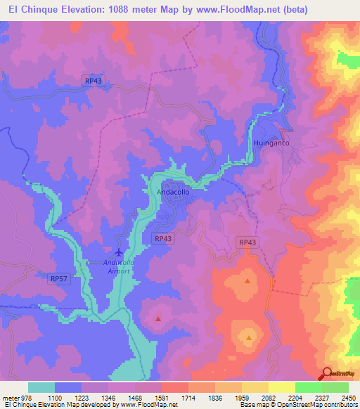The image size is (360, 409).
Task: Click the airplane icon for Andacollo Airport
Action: (x=119, y=251)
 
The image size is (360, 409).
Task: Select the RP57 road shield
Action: (x=59, y=278)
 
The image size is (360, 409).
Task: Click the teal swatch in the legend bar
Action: (x=41, y=387)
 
